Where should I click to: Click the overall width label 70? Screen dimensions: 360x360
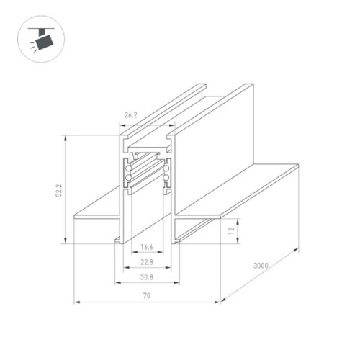[146, 294]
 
